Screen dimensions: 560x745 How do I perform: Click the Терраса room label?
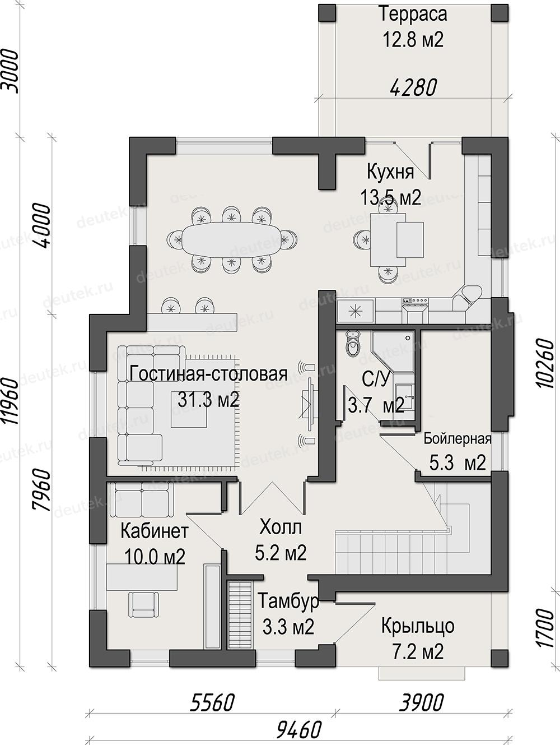413,15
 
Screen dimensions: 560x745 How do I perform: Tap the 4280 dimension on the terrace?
413,87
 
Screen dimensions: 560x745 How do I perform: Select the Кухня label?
390,172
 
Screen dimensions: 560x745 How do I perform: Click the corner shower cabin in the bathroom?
393,351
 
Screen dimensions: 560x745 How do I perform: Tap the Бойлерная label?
458,439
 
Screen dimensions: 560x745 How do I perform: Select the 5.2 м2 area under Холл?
281,553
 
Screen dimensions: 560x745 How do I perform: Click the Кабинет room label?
155,531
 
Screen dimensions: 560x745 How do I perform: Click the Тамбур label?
288,601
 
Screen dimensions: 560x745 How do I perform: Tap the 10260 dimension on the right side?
545,363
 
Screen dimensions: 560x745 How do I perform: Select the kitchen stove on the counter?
416,310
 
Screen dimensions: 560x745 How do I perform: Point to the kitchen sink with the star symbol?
356,311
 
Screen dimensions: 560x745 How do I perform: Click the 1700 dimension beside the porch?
545,628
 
